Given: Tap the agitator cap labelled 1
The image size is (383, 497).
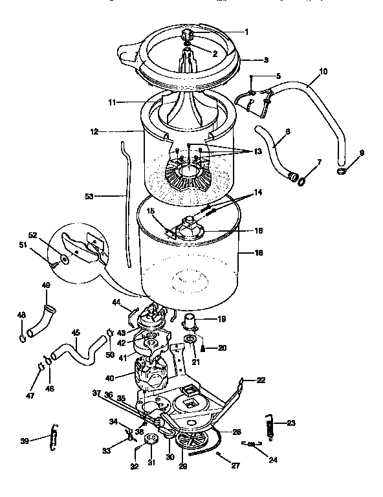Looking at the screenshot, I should point(188,34).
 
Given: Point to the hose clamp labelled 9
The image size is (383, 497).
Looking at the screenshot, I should point(341,171).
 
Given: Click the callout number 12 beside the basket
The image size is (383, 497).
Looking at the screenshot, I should point(94,131).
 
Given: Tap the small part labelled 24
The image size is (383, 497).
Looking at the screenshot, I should point(252,445).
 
